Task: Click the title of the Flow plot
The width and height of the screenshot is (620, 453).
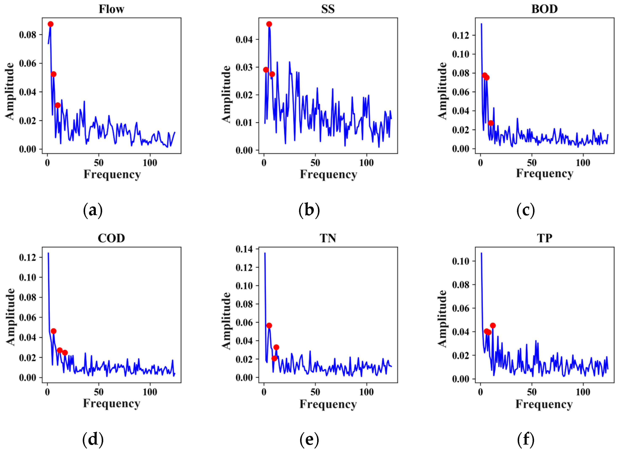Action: pyautogui.click(x=111, y=9)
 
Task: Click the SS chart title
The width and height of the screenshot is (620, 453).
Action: pyautogui.click(x=328, y=9)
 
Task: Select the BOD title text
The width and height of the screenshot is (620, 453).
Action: pyautogui.click(x=544, y=9)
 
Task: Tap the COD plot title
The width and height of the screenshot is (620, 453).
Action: pyautogui.click(x=111, y=238)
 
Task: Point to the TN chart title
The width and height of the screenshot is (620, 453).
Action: pyautogui.click(x=328, y=238)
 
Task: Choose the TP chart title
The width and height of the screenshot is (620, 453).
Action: pyautogui.click(x=544, y=238)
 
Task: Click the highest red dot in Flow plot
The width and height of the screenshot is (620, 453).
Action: pyautogui.click(x=50, y=24)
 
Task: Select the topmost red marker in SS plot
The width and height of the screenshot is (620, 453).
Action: pyautogui.click(x=269, y=24)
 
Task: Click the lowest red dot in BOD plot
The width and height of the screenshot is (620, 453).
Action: pyautogui.click(x=491, y=123)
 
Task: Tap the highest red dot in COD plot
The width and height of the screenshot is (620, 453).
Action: pyautogui.click(x=53, y=331)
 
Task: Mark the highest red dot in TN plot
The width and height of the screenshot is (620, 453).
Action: pyautogui.click(x=269, y=325)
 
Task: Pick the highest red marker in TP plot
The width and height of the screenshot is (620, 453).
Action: pyautogui.click(x=493, y=325)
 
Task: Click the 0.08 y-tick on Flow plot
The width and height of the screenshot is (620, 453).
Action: pyautogui.click(x=27, y=35)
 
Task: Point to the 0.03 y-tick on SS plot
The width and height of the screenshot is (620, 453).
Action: pyautogui.click(x=244, y=67)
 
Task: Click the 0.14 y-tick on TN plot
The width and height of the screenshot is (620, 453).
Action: pyautogui.click(x=244, y=249)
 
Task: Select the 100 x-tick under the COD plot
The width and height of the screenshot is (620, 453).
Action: pyautogui.click(x=150, y=392)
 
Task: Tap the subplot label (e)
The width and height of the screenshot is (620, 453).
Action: pyautogui.click(x=309, y=439)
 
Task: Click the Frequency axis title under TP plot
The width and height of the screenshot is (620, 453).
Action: pyautogui.click(x=544, y=404)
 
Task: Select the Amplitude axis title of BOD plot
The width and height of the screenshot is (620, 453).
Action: pyautogui.click(x=442, y=91)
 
